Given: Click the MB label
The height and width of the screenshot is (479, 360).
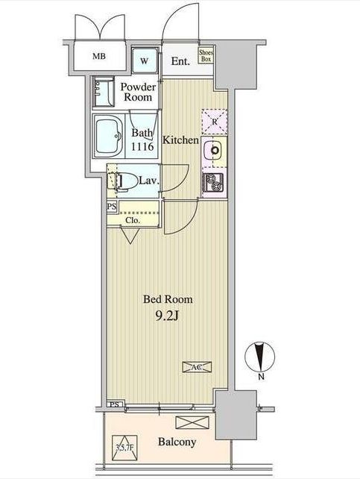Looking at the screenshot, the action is [x=99, y=56].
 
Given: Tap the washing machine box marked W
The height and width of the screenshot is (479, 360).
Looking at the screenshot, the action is [x=145, y=60].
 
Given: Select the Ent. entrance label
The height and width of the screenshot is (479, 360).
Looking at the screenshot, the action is [x=180, y=61].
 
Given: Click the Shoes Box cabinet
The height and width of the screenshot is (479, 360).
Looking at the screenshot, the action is [x=206, y=56].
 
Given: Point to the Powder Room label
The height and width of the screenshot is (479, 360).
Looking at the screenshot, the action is [x=138, y=92].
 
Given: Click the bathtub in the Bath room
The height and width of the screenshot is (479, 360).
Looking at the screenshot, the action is [x=108, y=137].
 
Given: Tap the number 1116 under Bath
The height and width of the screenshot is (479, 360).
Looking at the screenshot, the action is [x=142, y=147].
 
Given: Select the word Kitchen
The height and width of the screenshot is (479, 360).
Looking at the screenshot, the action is [x=180, y=140].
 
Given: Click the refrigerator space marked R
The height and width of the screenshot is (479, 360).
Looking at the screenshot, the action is [x=215, y=122].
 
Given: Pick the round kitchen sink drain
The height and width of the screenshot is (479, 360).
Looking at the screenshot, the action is [x=216, y=150].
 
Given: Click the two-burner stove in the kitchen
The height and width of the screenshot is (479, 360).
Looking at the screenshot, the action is [x=213, y=182].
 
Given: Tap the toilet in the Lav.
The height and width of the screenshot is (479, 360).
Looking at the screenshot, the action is [x=126, y=181].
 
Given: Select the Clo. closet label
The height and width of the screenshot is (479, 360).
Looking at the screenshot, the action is [x=133, y=220].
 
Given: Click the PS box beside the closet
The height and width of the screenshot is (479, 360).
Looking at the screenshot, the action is [x=112, y=207].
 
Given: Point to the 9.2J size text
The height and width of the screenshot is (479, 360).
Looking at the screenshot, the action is [x=166, y=316].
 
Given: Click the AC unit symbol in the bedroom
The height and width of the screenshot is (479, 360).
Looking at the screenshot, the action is [x=197, y=367].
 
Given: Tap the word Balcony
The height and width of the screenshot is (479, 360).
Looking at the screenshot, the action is [x=177, y=442].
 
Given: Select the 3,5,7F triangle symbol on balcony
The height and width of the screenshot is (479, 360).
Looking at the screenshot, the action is [x=124, y=448].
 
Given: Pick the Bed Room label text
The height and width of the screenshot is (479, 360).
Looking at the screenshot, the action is [x=168, y=299].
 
